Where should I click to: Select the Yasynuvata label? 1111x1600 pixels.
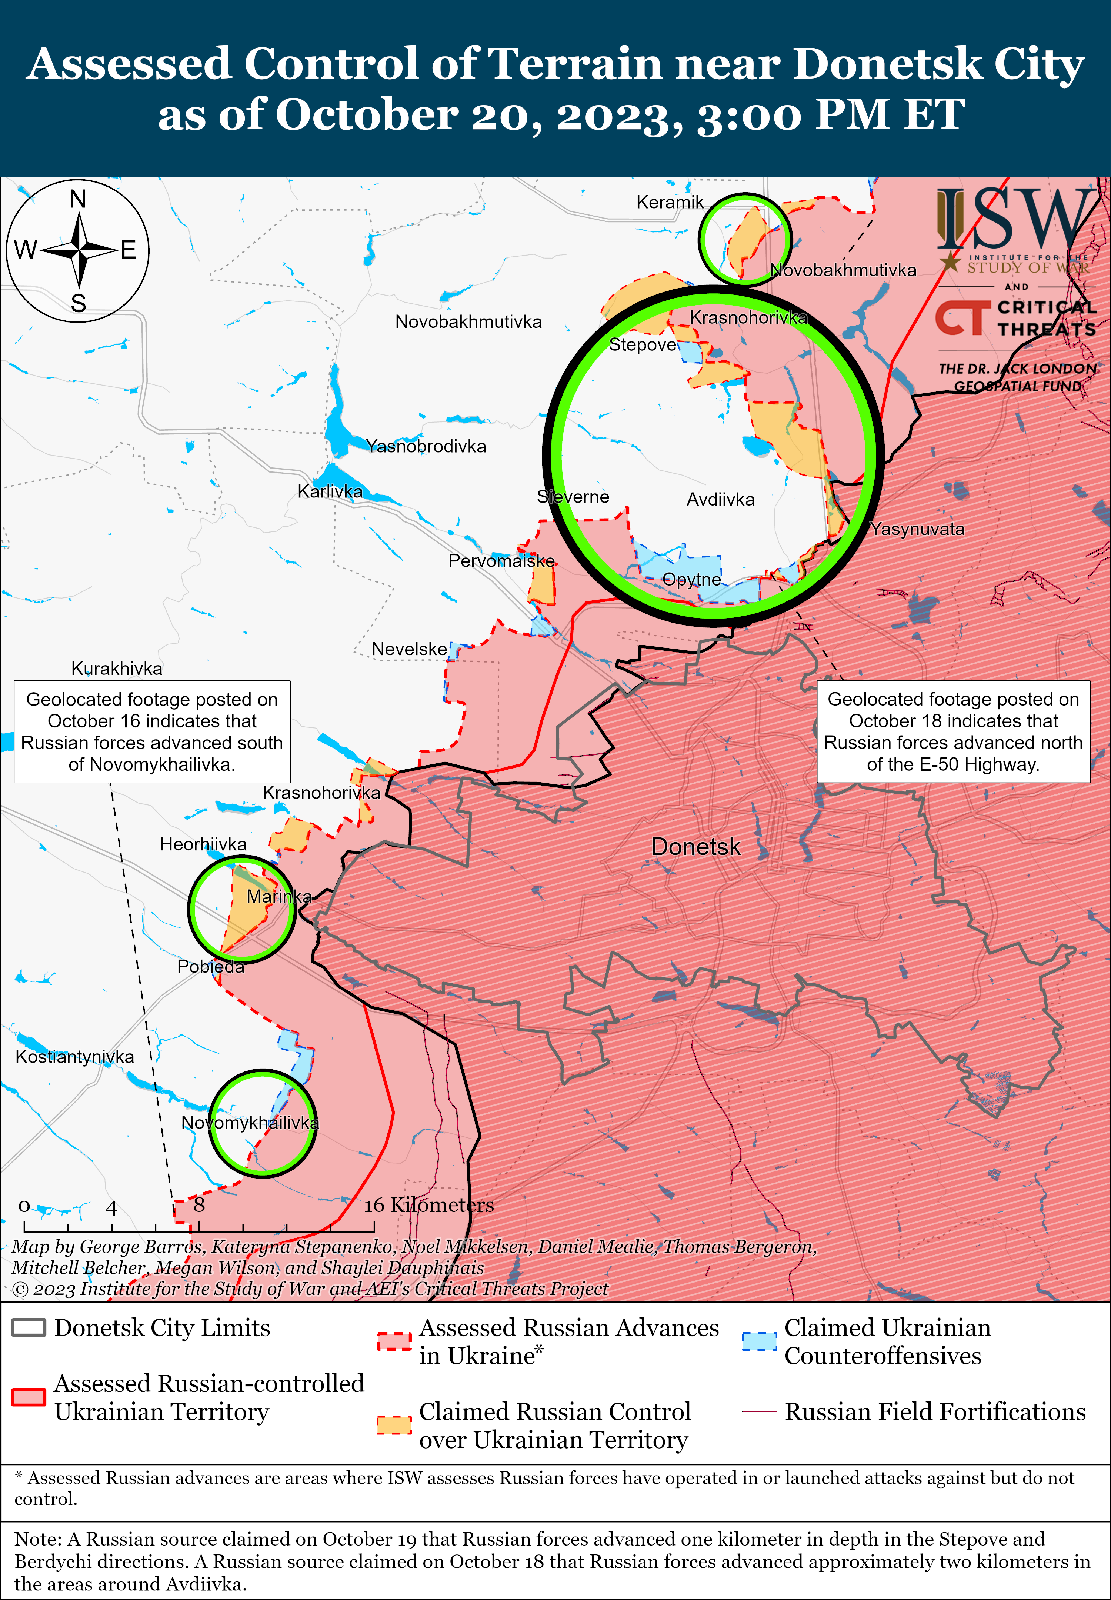917,529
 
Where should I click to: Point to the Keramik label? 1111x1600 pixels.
670,202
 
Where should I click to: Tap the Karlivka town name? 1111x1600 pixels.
330,491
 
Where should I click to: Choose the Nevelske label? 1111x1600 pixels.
409,649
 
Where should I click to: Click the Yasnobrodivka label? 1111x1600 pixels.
426,446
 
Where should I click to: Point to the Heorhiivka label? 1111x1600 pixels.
203,844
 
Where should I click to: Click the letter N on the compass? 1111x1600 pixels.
78,199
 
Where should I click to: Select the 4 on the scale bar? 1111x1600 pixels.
111,1208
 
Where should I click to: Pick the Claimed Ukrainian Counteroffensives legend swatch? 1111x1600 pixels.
759,1341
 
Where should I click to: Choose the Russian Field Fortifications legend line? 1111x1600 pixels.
759,1411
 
